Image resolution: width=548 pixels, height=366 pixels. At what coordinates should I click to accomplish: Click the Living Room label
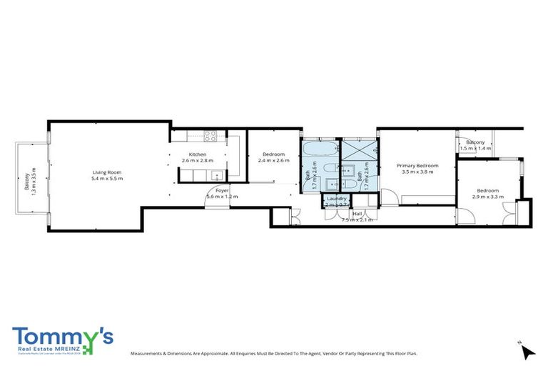[107, 172]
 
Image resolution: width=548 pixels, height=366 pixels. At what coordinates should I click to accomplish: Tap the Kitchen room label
[198, 155]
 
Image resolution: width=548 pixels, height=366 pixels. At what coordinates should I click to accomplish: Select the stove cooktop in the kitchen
[210, 136]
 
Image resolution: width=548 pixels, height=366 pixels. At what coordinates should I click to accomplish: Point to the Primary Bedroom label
[417, 166]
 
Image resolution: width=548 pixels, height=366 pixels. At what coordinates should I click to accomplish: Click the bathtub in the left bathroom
[314, 151]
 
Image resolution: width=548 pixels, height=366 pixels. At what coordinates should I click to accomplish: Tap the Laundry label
[336, 199]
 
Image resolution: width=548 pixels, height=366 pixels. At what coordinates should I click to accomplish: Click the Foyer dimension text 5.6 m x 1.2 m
[222, 197]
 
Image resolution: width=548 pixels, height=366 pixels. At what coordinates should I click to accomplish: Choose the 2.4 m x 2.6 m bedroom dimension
[274, 161]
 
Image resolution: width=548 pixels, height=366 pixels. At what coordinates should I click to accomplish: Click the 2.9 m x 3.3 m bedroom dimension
[487, 197]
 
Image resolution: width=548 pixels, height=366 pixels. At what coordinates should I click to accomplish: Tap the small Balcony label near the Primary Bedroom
[475, 142]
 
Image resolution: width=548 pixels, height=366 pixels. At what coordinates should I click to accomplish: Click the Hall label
[357, 214]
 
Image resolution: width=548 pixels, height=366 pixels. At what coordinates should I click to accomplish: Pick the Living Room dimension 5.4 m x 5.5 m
[107, 179]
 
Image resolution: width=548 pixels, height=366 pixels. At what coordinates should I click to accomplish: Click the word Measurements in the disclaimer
[151, 354]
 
